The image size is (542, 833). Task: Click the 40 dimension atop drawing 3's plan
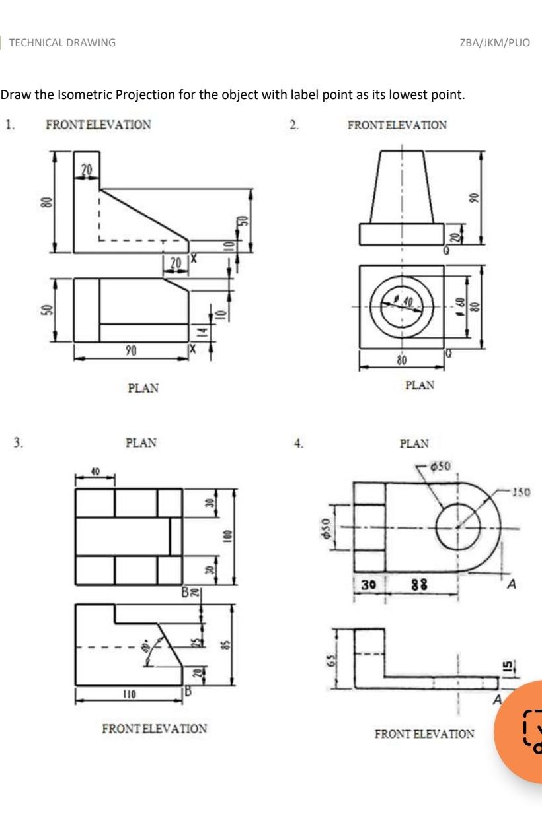point(95,473)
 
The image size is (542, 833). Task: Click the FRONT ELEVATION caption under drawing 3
point(154,729)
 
